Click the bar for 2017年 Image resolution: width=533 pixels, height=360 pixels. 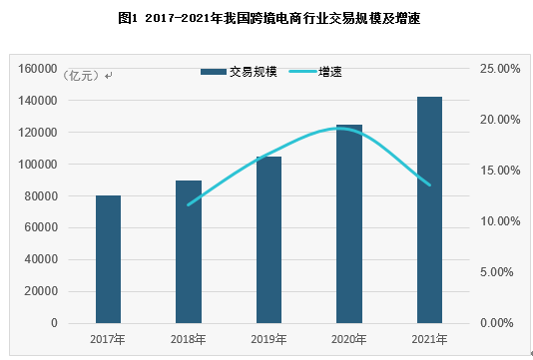tap(108, 259)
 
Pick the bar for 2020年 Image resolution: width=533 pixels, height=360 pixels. tap(348, 223)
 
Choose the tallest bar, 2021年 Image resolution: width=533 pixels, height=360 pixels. tap(429, 209)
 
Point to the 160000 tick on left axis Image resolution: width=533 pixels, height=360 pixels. tap(39, 68)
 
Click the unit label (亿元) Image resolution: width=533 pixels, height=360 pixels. tap(86, 76)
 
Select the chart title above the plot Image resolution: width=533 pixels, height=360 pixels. tap(267, 18)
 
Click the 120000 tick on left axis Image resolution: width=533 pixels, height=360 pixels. tap(39, 132)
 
